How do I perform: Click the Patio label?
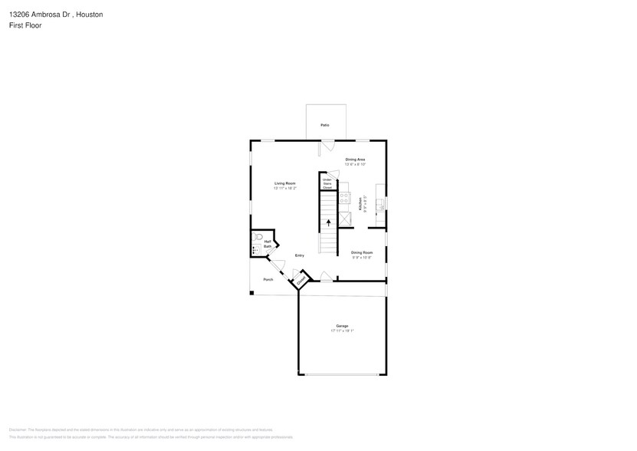[325, 124]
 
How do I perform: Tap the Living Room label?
[285, 183]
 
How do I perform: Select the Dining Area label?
[355, 159]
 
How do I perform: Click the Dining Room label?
[362, 252]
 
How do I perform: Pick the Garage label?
[342, 326]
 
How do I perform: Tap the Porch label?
[268, 279]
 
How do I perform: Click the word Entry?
[300, 255]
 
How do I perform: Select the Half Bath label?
[268, 244]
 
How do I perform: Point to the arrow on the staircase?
[329, 223]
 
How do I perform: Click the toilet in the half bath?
[259, 237]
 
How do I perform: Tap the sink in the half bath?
[255, 250]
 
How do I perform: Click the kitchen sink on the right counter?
[381, 203]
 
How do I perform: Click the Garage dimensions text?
[342, 331]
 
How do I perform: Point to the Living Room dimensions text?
[285, 188]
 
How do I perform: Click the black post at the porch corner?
[251, 292]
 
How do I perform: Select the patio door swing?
[327, 145]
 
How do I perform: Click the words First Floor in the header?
[26, 25]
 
